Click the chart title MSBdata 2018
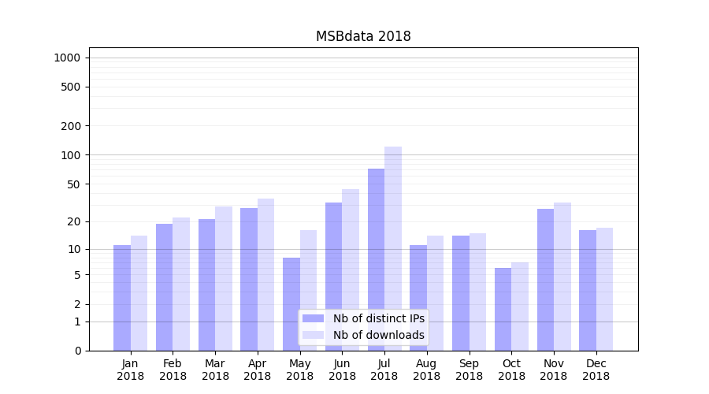tap(363, 36)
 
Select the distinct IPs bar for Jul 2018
tap(376, 259)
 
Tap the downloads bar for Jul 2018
tap(393, 248)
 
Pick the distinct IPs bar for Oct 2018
tap(503, 309)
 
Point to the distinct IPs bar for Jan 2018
tap(122, 298)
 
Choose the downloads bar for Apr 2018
tap(266, 274)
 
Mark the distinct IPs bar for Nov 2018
tap(545, 280)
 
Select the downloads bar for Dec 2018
tap(604, 289)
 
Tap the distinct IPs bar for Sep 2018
tap(461, 293)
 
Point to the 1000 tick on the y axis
tap(67, 58)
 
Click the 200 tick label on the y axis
tap(71, 126)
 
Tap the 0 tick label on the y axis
tap(77, 351)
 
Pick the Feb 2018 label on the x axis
tap(173, 370)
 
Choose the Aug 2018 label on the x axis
tap(427, 370)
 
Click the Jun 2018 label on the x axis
tap(342, 370)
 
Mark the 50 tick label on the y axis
tap(74, 184)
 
